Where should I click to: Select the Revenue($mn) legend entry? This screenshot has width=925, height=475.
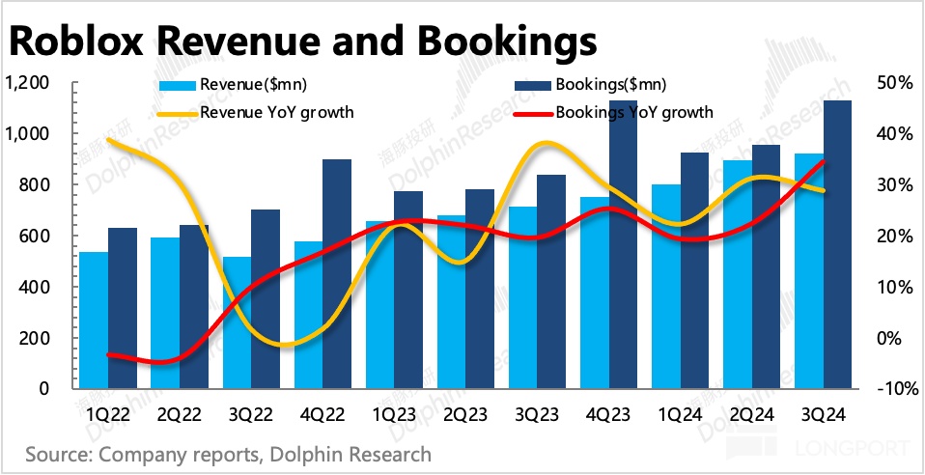pyautogui.click(x=252, y=85)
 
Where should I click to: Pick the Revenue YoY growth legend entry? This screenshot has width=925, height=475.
pyautogui.click(x=276, y=112)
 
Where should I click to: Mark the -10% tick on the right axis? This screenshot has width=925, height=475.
pyautogui.click(x=889, y=388)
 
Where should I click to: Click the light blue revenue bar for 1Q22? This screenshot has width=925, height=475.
pyautogui.click(x=94, y=320)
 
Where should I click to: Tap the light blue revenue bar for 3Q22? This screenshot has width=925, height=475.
pyautogui.click(x=237, y=322)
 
